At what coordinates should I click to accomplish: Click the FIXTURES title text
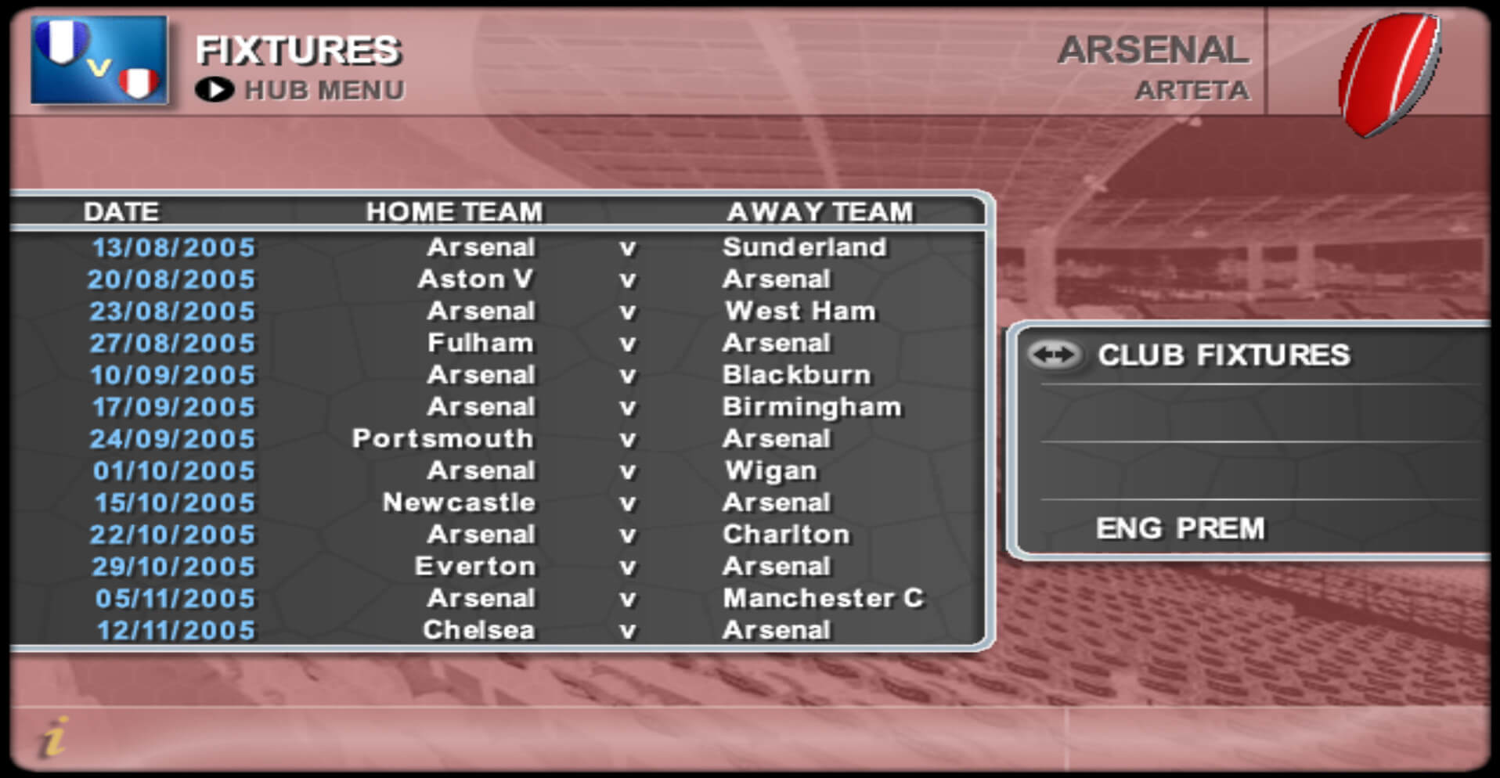coord(298,51)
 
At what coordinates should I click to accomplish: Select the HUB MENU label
coord(325,91)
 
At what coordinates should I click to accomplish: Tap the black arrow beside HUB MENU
coord(215,91)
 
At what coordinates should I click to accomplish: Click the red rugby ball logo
coord(1390,74)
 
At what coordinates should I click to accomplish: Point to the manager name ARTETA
coord(1192,91)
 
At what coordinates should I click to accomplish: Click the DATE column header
coord(121,212)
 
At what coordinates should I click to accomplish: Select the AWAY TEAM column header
coord(820,212)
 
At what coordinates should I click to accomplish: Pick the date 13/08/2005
coord(174,248)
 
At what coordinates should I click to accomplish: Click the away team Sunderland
coord(805,247)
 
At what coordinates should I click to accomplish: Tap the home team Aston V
coord(476,279)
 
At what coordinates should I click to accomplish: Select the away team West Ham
coord(800,312)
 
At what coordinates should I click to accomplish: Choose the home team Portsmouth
coord(443,439)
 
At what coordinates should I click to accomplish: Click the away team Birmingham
coord(812,407)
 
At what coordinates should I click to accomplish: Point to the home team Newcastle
coord(459,502)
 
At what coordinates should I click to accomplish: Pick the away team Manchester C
coord(824,599)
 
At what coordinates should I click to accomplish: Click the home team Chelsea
coord(479,631)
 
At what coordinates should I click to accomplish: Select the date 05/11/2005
coord(175,599)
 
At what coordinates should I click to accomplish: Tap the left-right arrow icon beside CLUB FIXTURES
coord(1054,355)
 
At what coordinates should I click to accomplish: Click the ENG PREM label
coord(1181,529)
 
